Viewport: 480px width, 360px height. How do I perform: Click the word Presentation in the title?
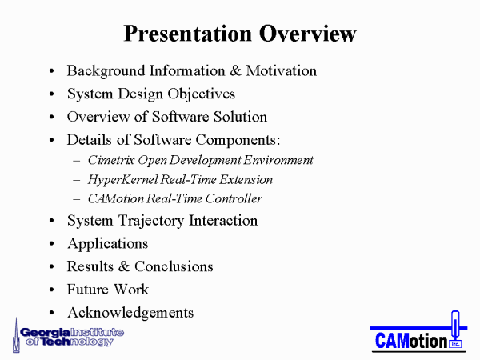(x=187, y=34)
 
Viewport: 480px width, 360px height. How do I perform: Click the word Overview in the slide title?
(x=308, y=34)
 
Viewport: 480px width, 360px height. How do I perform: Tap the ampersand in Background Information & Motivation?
(x=235, y=70)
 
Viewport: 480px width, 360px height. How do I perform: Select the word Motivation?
(x=282, y=70)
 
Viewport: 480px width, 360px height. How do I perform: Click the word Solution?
(x=240, y=117)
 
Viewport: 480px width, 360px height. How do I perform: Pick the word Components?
(x=238, y=140)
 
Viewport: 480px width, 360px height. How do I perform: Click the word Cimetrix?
(x=111, y=160)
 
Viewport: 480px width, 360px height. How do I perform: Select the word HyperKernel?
(x=122, y=180)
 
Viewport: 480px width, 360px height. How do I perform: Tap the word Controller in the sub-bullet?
(x=234, y=198)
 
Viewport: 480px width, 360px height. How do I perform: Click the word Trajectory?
(x=151, y=221)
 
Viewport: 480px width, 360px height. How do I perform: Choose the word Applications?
(x=108, y=244)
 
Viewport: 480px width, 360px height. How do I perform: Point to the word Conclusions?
(x=174, y=266)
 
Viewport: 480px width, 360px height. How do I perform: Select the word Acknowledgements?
(x=130, y=313)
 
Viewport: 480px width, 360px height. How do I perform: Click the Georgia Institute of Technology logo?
(x=68, y=336)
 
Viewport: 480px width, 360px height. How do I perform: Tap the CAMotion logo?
(x=418, y=332)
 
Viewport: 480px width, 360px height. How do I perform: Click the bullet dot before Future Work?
(x=51, y=290)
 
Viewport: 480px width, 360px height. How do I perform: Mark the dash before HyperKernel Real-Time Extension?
(x=77, y=180)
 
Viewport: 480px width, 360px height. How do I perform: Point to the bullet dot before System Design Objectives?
(x=51, y=94)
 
